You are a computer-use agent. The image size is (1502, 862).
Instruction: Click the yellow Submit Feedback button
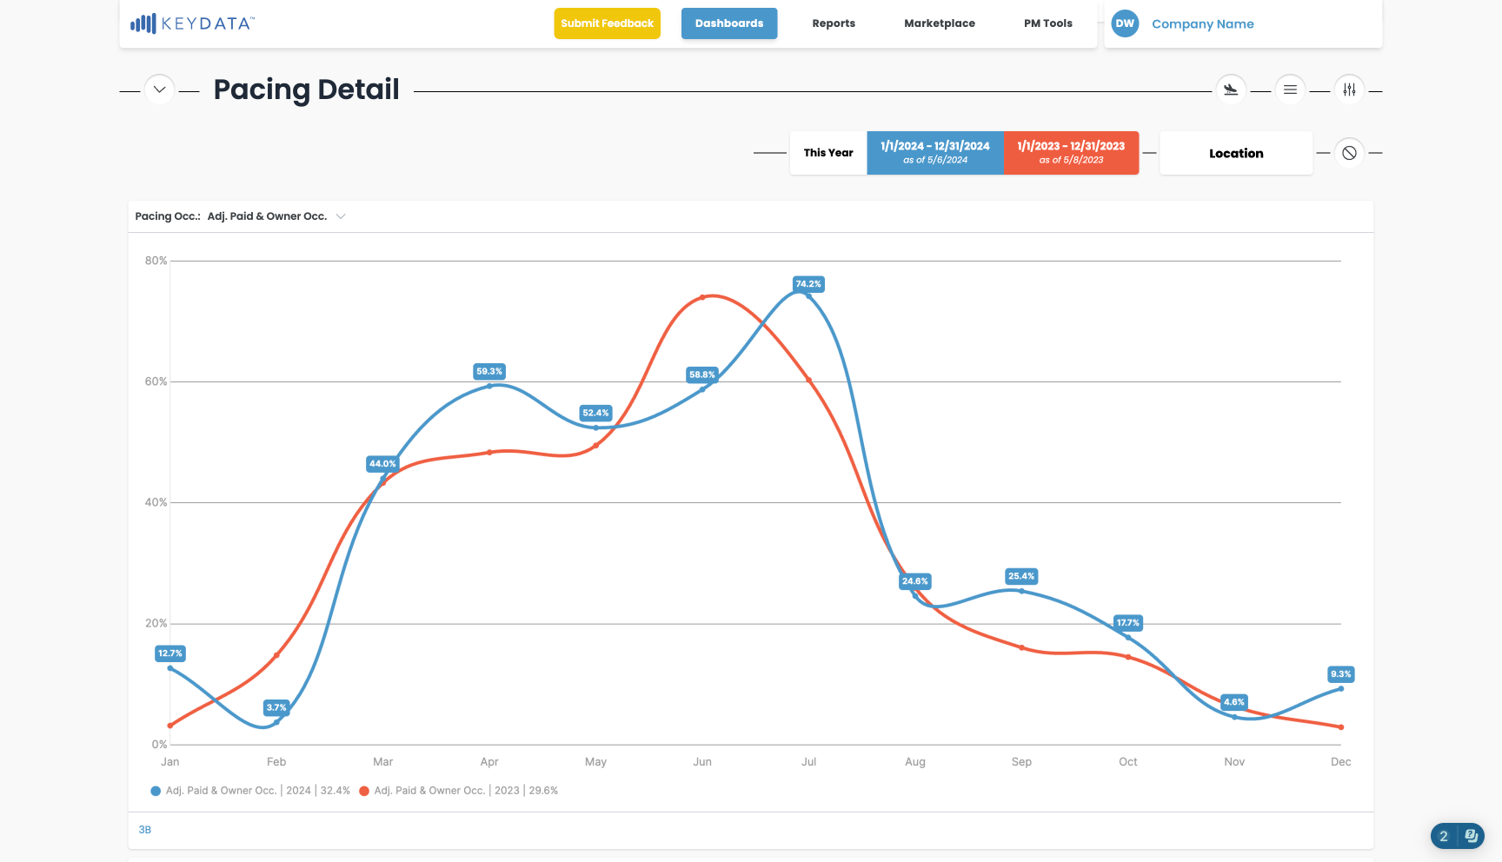click(607, 23)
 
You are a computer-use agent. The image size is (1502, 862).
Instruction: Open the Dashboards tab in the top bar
click(729, 23)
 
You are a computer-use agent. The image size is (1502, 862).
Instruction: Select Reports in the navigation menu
click(834, 23)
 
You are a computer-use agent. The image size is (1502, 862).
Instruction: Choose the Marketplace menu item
click(940, 23)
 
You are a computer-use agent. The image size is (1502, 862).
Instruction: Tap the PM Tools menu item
click(1048, 23)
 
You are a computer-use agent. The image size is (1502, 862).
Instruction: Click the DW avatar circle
click(1125, 23)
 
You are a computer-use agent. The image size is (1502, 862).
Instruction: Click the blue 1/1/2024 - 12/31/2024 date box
click(935, 153)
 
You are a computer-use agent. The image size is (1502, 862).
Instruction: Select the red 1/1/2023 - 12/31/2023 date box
click(1072, 153)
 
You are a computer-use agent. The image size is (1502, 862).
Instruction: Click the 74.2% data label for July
click(808, 284)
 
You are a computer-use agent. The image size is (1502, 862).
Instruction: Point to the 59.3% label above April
click(489, 371)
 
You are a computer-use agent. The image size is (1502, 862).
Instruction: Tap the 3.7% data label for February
click(276, 707)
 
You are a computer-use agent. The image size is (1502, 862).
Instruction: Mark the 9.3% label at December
click(1341, 674)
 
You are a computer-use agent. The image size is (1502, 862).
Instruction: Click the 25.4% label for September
click(1021, 576)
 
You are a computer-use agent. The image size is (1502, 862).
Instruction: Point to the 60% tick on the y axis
click(156, 381)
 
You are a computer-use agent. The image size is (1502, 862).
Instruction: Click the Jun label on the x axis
click(702, 762)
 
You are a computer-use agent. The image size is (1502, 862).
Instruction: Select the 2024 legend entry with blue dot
click(250, 791)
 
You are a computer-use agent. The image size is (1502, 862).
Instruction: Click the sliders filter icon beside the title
click(1349, 90)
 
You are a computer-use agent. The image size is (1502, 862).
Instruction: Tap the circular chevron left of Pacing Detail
click(159, 90)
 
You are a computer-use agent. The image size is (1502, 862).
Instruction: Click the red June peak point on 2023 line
click(702, 297)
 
